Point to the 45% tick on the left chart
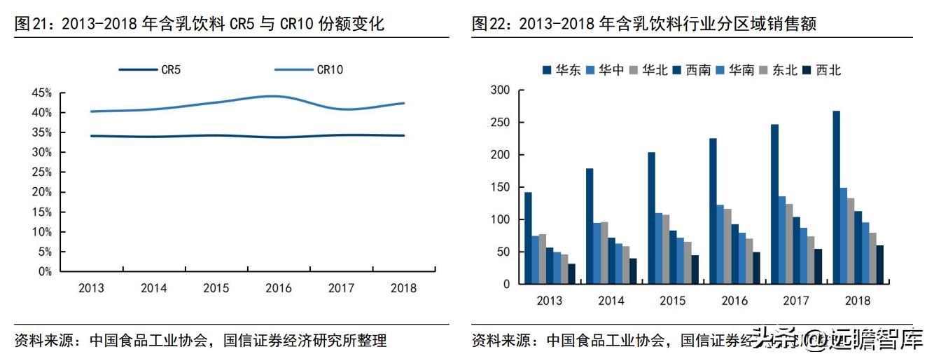(x=42, y=93)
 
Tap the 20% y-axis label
(x=42, y=192)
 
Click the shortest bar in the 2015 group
(x=695, y=270)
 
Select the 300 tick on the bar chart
(x=500, y=90)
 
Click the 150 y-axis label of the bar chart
(x=500, y=187)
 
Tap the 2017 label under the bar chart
(x=796, y=301)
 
